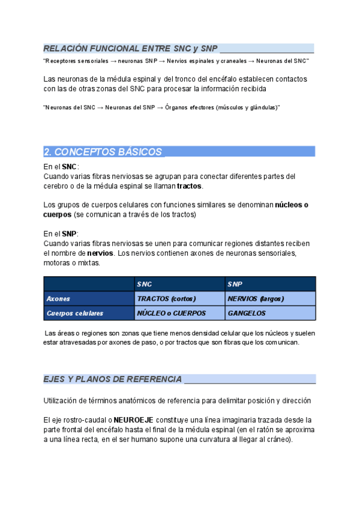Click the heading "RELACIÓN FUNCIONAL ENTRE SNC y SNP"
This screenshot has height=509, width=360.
tap(130, 48)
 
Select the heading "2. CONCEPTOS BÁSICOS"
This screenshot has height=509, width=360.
tap(103, 152)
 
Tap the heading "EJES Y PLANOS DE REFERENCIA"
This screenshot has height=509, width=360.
tap(113, 379)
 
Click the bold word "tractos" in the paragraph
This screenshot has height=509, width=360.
tap(189, 186)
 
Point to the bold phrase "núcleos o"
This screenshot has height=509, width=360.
tap(292, 205)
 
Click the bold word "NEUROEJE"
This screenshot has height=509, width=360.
tap(133, 420)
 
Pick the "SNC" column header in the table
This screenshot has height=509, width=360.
tap(145, 283)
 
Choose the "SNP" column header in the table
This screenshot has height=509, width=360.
tap(235, 283)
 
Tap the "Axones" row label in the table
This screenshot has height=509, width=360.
tap(58, 298)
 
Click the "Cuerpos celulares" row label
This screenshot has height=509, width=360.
tap(74, 313)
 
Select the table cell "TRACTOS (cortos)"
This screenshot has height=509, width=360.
tap(166, 298)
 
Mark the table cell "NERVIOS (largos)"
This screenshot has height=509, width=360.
tap(256, 298)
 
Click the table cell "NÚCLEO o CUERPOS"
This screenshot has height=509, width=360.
tap(171, 313)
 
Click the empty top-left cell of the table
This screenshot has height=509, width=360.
tap(89, 283)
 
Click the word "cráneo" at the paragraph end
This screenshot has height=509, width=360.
tap(277, 439)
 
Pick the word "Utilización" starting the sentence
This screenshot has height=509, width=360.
tap(62, 400)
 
